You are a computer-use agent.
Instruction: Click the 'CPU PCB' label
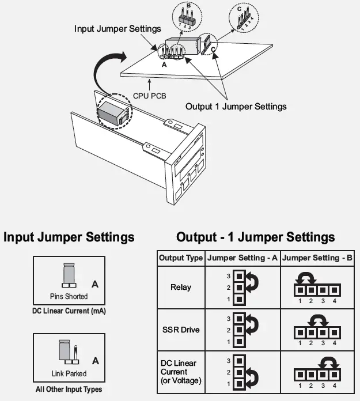[x=150, y=95]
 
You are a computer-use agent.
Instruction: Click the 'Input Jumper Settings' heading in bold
[x=69, y=237]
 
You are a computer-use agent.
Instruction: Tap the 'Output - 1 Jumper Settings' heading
[x=255, y=237]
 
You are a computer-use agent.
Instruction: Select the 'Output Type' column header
[x=181, y=258]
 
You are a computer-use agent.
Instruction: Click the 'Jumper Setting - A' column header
[x=242, y=258]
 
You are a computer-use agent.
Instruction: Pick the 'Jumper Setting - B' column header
[x=318, y=258]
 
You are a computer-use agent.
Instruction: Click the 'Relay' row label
[x=181, y=286]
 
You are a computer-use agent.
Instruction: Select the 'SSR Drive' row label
[x=181, y=330]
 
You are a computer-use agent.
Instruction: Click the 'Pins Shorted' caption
[x=69, y=297]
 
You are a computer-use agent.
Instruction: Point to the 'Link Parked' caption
[x=69, y=373]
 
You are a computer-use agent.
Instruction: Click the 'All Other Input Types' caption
[x=69, y=389]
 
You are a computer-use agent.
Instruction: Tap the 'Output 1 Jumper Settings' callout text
[x=236, y=107]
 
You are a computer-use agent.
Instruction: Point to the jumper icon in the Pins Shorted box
[x=69, y=277]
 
